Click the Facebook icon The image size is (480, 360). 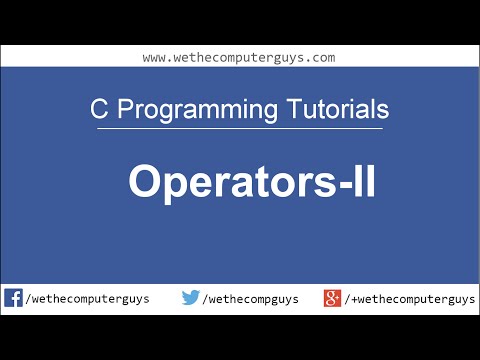pyautogui.click(x=13, y=297)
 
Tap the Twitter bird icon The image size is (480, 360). pyautogui.click(x=191, y=297)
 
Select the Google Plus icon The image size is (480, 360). pyautogui.click(x=333, y=297)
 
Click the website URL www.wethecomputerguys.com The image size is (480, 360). pyautogui.click(x=238, y=58)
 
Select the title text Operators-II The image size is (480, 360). pyautogui.click(x=251, y=184)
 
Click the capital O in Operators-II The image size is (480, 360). pyautogui.click(x=145, y=183)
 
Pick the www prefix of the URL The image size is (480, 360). pyautogui.click(x=154, y=58)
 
